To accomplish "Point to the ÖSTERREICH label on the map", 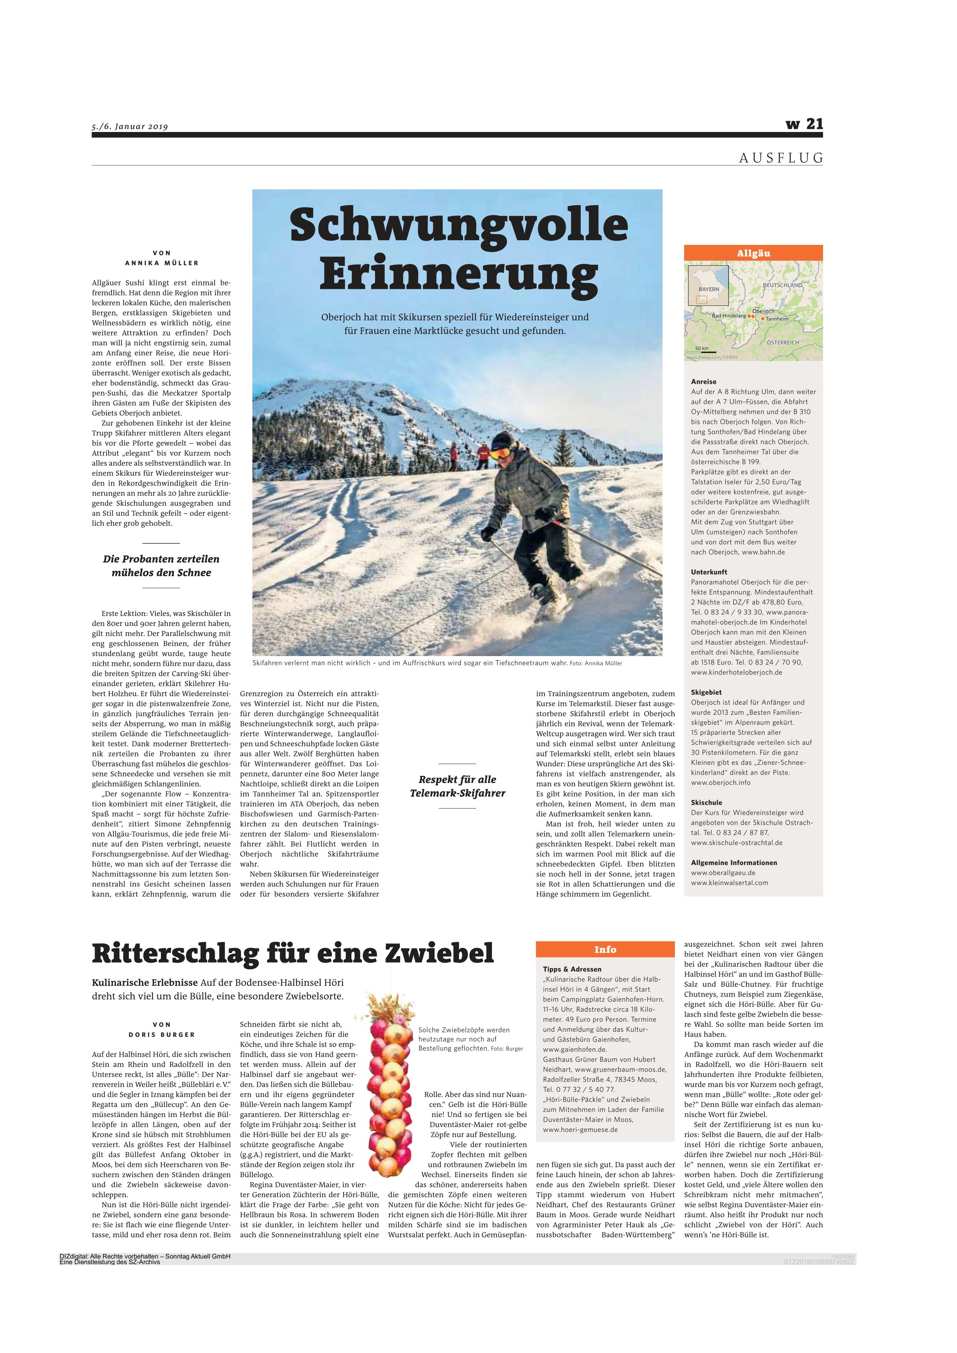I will click(783, 342).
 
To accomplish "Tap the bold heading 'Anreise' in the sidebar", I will click(703, 381).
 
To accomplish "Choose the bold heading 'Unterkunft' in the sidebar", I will click(709, 572).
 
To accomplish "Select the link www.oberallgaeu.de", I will click(723, 872).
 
